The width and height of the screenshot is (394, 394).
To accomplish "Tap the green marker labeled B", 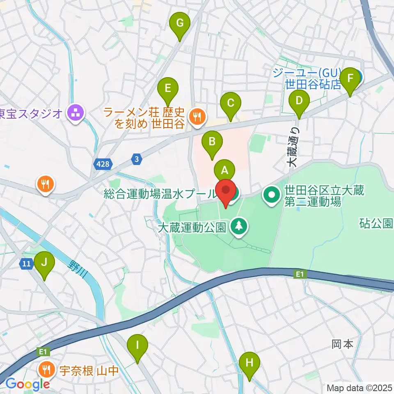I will click(x=212, y=142).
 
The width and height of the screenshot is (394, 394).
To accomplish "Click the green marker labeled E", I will click(x=168, y=88).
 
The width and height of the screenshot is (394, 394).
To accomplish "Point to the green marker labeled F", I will click(x=350, y=78).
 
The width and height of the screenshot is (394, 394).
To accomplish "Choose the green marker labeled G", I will click(x=180, y=23).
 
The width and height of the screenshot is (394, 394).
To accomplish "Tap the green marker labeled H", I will click(x=249, y=362).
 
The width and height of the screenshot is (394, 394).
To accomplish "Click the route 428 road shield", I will click(x=103, y=164).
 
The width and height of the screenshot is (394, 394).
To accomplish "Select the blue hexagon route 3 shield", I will click(x=137, y=159).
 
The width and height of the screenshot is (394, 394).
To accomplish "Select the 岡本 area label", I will click(x=342, y=344).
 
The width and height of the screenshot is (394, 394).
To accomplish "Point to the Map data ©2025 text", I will click(x=360, y=387).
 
